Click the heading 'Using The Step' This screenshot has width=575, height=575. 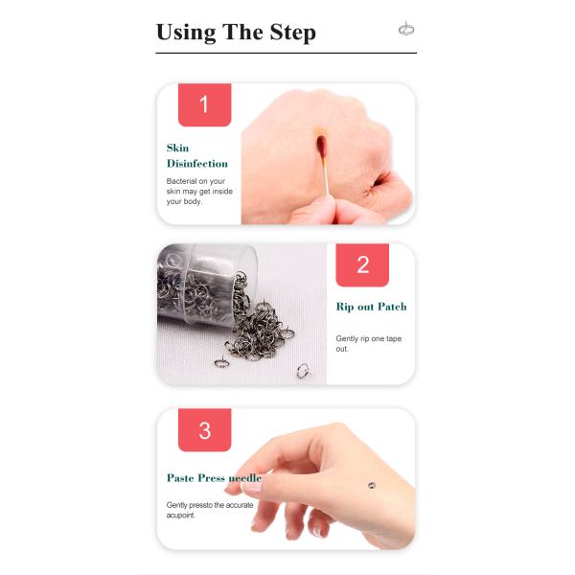point(236,32)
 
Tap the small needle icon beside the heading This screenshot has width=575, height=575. point(405,30)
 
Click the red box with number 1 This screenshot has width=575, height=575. point(204,104)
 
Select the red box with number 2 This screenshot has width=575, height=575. point(362,264)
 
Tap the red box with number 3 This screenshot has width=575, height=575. point(204,430)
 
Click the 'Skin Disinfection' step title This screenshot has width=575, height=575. point(196,155)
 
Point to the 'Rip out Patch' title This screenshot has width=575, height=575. point(371,307)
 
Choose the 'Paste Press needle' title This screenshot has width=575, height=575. point(214,477)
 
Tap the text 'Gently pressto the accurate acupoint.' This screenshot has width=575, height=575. point(208,509)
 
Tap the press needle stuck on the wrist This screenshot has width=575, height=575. point(372,486)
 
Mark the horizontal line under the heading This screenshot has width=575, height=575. point(286,53)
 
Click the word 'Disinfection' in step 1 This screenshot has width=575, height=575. point(196,164)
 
